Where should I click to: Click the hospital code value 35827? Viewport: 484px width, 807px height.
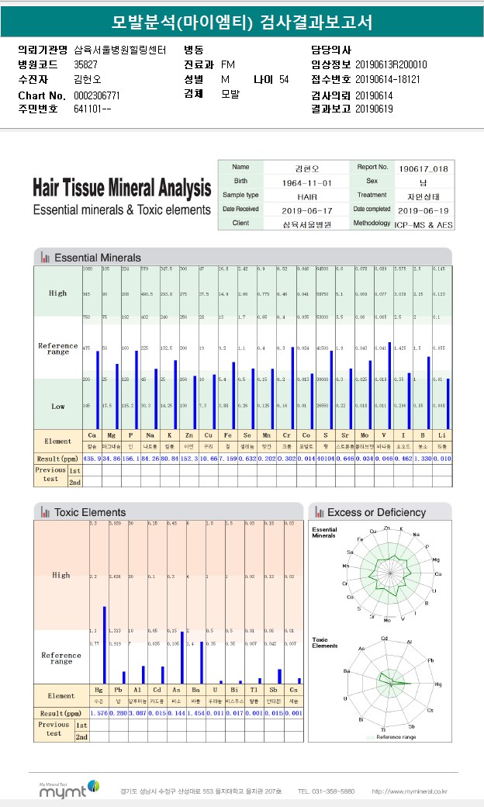pyautogui.click(x=85, y=64)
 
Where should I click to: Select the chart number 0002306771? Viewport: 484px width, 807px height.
pyautogui.click(x=97, y=95)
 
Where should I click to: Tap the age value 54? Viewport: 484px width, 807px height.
pyautogui.click(x=284, y=80)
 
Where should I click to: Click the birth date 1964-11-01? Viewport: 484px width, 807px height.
pyautogui.click(x=306, y=182)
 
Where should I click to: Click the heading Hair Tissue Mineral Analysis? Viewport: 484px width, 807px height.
pyautogui.click(x=122, y=189)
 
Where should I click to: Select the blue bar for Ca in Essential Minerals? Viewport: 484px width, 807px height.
pyautogui.click(x=98, y=389)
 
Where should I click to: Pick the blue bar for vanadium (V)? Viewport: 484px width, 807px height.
pyautogui.click(x=389, y=384)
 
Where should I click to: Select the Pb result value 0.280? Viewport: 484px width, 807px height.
pyautogui.click(x=118, y=713)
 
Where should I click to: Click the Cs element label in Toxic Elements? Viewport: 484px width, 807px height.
pyautogui.click(x=293, y=689)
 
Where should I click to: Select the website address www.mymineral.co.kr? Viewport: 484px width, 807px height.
pyautogui.click(x=410, y=791)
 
